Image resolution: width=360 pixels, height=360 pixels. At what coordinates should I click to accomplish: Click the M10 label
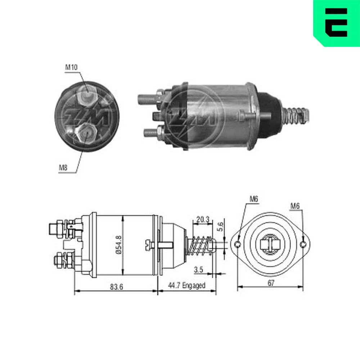tap(71, 67)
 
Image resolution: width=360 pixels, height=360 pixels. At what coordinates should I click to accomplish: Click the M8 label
tap(63, 168)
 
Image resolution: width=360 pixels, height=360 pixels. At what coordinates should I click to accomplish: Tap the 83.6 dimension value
tap(116, 287)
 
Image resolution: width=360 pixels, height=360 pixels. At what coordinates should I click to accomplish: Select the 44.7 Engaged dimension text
tap(186, 285)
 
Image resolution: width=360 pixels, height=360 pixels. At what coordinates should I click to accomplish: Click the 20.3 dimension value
tap(203, 220)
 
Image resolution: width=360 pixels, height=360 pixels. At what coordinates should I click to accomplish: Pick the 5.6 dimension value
tap(220, 226)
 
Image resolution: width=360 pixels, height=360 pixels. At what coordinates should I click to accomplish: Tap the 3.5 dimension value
tap(198, 269)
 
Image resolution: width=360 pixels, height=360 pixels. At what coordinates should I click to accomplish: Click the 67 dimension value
tap(271, 283)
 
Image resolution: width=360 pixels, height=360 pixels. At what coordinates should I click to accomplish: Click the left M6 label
tap(254, 199)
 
